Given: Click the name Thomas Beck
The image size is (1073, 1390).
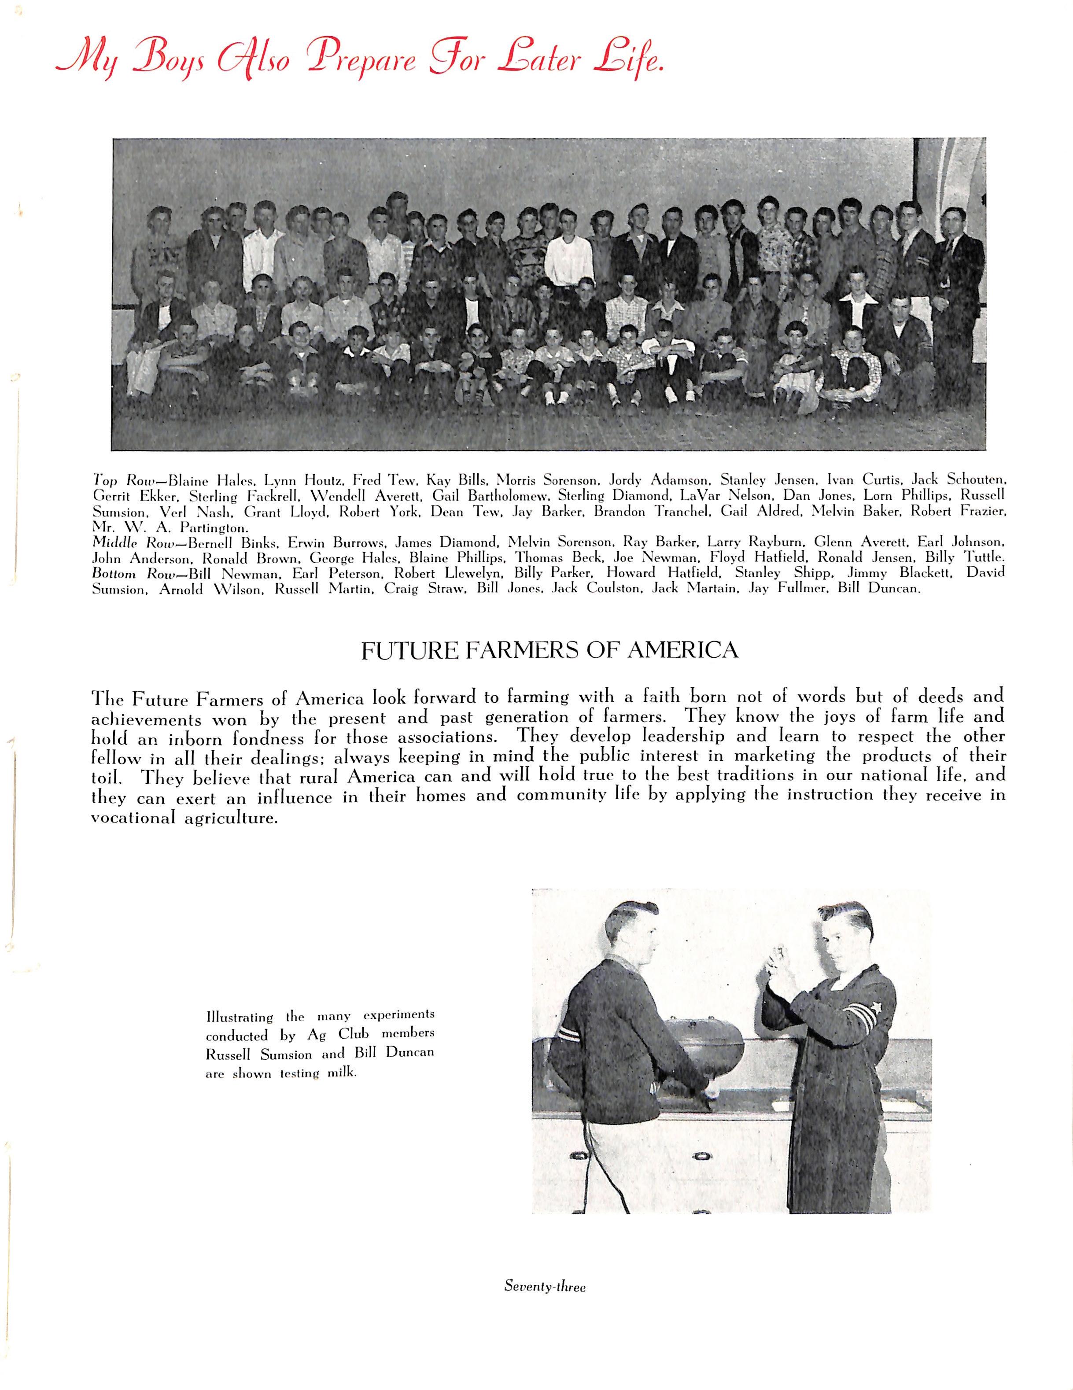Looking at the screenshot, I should click(x=559, y=558).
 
